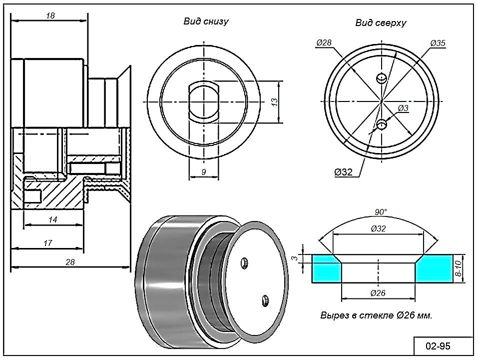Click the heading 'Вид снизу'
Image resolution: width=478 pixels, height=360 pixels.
(206, 21)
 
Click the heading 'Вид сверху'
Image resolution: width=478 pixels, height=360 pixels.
(381, 22)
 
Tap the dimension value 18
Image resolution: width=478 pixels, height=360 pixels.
(50, 15)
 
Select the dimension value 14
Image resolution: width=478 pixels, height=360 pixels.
(53, 219)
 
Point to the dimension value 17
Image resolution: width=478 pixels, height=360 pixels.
(48, 243)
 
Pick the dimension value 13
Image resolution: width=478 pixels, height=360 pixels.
(274, 101)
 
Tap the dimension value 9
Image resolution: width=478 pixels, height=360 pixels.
(204, 172)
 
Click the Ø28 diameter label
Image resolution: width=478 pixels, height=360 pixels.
(324, 43)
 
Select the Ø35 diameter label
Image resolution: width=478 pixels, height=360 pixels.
(438, 43)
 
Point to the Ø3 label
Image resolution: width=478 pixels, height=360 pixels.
(403, 108)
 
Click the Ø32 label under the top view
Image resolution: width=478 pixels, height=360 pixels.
(344, 172)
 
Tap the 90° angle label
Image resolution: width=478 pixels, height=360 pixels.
(381, 212)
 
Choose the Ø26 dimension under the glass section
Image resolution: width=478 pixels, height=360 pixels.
(378, 293)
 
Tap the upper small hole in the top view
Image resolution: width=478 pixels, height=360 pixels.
(382, 78)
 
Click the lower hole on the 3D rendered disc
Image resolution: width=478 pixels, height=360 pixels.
(265, 300)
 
